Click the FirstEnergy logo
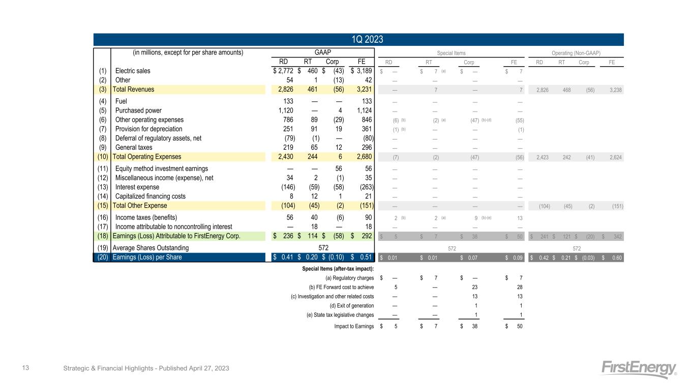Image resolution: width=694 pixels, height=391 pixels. tap(639, 369)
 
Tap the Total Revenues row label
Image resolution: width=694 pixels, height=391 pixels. tap(133, 89)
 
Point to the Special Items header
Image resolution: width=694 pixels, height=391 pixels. tap(451, 52)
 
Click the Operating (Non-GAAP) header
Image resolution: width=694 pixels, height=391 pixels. tap(576, 52)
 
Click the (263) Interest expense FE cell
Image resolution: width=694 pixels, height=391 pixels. tap(365, 187)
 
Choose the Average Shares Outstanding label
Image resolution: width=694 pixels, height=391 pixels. tap(150, 248)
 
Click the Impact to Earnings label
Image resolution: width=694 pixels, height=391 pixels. tap(354, 326)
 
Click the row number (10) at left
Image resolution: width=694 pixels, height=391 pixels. tap(102, 157)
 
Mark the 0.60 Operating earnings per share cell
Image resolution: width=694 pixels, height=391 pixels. tap(615, 258)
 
